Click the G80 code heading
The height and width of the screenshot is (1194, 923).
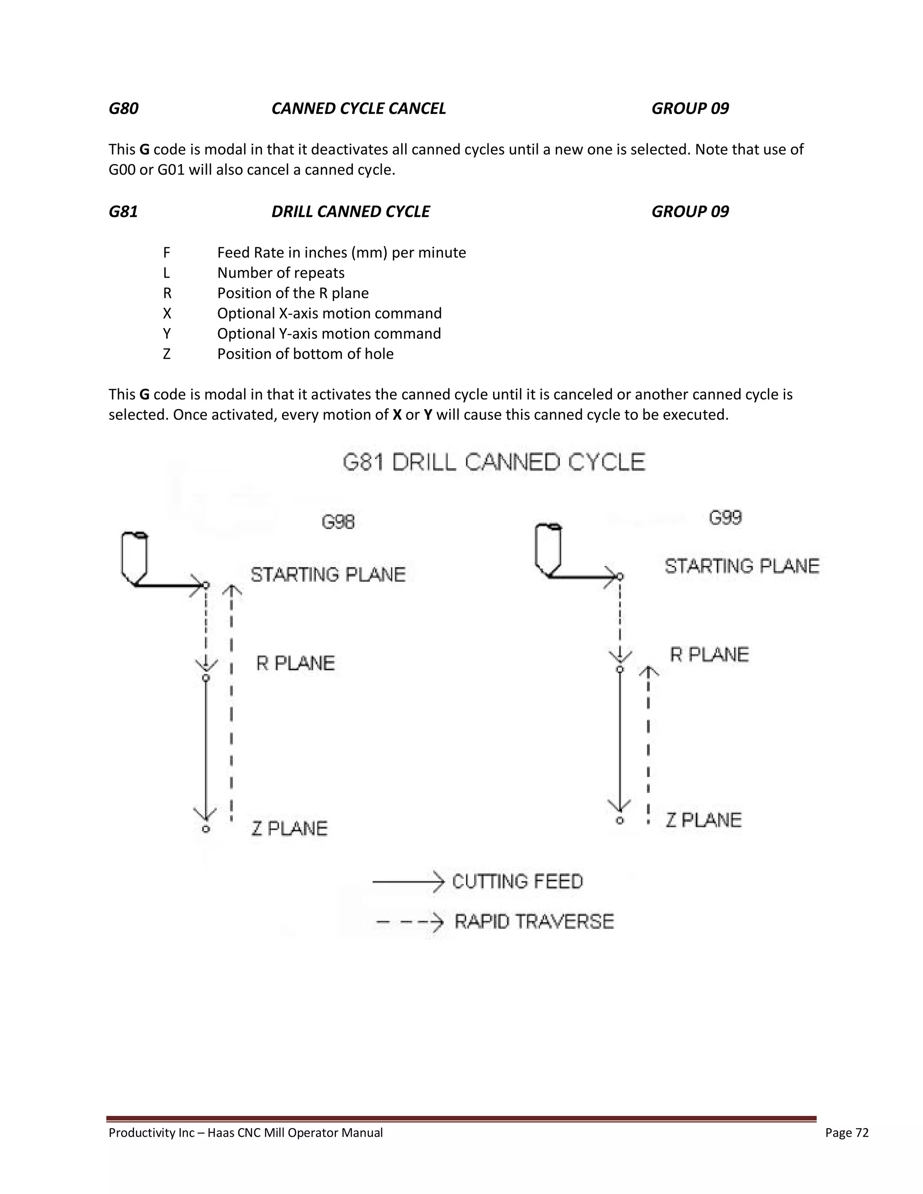pos(123,108)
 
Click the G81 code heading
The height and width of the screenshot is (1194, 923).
pos(123,212)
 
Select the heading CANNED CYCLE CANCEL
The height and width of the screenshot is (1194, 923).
pos(359,108)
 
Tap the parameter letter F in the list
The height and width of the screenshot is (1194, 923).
pos(167,253)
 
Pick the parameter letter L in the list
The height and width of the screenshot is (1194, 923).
pos(167,273)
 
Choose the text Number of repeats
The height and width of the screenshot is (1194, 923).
pos(281,273)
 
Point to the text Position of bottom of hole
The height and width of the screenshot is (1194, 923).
pos(305,354)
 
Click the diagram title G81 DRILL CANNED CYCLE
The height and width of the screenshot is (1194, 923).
pos(494,463)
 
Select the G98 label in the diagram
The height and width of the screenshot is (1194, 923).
pos(338,522)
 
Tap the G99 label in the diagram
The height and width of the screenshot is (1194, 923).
pos(725,518)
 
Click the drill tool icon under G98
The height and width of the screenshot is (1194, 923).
pos(134,558)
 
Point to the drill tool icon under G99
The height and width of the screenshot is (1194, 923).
pos(548,549)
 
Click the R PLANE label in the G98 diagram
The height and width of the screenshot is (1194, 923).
pos(295,664)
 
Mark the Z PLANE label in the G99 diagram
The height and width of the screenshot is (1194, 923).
pos(703,820)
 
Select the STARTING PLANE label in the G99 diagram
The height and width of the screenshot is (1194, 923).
pos(742,566)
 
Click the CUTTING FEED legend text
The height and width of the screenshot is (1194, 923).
pos(517,881)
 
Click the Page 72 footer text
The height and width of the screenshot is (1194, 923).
pos(846,1133)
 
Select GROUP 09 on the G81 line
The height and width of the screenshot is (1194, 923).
pos(690,212)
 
